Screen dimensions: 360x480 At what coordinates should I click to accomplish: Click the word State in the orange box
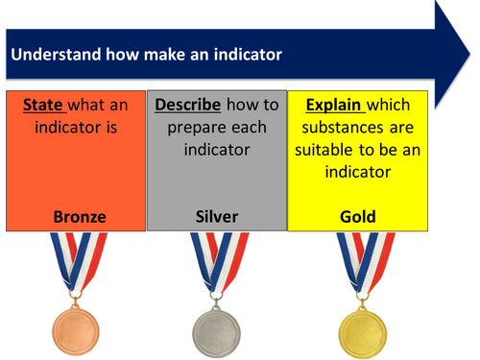click(42, 105)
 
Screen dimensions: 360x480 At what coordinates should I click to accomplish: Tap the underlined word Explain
click(333, 105)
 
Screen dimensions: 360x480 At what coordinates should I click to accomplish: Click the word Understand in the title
click(49, 55)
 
